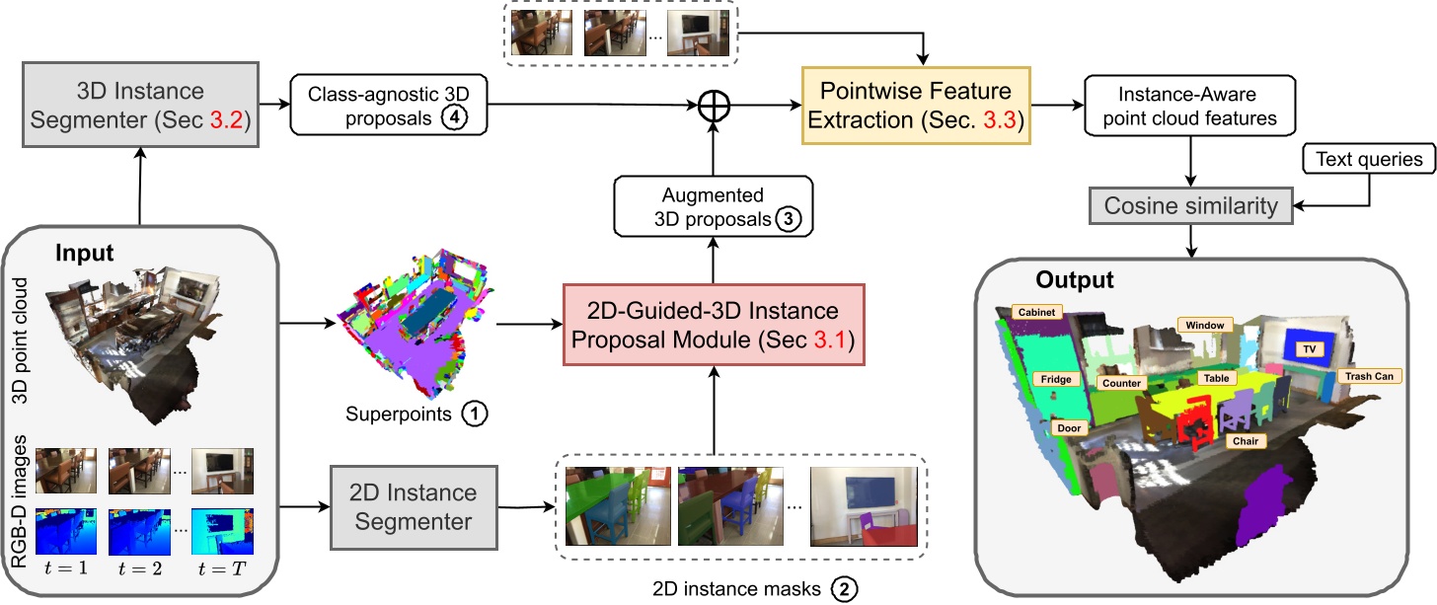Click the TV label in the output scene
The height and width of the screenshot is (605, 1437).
coord(1310,349)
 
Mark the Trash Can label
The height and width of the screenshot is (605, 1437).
coord(1371,376)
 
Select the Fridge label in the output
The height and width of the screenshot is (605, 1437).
coord(1054,378)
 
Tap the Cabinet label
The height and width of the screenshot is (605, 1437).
coord(1037,312)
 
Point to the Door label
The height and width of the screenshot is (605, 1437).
coord(1070,428)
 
